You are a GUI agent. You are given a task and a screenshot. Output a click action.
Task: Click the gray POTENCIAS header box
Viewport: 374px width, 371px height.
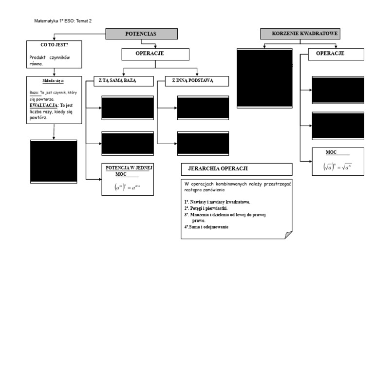click(x=141, y=34)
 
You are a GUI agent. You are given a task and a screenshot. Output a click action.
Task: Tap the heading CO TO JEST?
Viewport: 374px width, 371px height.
click(x=54, y=45)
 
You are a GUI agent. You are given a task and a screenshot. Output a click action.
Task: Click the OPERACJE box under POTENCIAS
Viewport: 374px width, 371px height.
click(x=150, y=54)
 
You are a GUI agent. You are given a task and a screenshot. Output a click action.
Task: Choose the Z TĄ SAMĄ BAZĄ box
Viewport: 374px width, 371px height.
click(x=120, y=81)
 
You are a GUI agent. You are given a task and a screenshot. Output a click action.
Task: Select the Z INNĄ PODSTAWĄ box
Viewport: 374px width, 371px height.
click(x=192, y=81)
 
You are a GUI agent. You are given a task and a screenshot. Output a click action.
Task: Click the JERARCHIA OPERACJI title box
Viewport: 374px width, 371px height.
click(x=236, y=169)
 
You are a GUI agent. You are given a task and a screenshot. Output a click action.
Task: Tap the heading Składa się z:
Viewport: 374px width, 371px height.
click(x=54, y=81)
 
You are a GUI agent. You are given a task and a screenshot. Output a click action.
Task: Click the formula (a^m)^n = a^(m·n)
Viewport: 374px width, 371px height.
click(x=127, y=187)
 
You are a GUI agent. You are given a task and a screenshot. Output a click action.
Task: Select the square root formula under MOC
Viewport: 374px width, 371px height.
click(x=337, y=167)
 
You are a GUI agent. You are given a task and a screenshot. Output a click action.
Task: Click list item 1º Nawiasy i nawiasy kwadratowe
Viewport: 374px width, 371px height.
click(x=217, y=202)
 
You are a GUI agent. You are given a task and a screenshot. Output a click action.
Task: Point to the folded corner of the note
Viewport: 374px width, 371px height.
click(x=288, y=235)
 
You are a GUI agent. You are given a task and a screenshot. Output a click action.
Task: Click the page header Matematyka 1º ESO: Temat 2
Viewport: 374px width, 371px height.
click(x=63, y=21)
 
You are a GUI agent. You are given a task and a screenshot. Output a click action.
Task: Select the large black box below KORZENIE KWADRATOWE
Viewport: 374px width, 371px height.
click(x=264, y=78)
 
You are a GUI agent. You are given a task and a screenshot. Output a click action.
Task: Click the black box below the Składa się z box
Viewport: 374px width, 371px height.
click(x=54, y=161)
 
